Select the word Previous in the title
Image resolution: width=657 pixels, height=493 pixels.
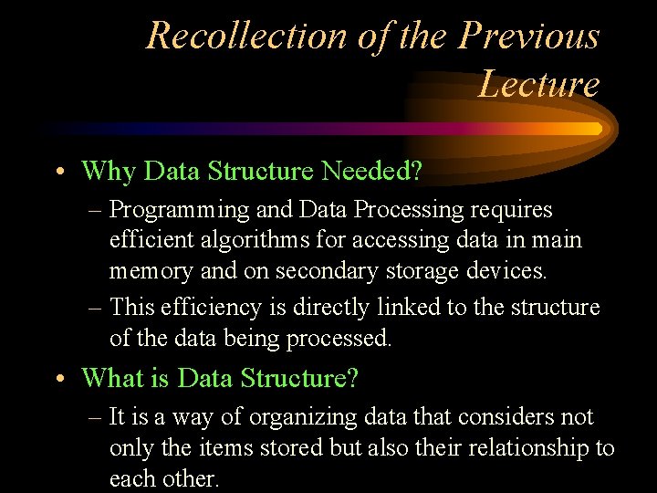[529, 36]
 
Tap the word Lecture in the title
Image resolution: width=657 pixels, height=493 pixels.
[538, 84]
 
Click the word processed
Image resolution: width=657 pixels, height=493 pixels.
[339, 339]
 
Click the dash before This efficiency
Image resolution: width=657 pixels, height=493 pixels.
[95, 308]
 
